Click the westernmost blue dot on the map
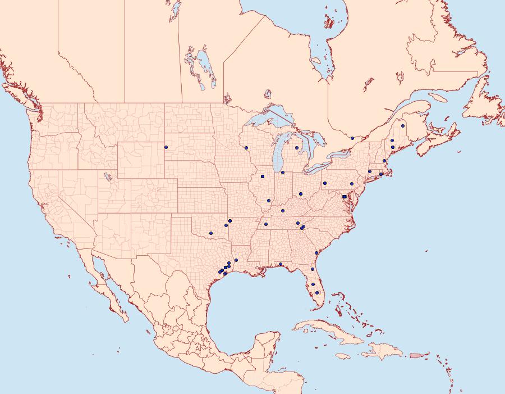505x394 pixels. (166, 147)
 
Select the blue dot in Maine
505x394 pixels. (403, 126)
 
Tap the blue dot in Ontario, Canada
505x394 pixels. (352, 138)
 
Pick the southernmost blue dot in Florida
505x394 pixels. (317, 292)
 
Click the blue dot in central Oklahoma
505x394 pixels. (211, 233)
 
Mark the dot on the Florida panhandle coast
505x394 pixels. (280, 264)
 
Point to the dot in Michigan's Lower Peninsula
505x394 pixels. (296, 148)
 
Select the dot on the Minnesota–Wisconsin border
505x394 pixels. (246, 148)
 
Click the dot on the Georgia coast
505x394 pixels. (316, 253)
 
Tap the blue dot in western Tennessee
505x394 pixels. (265, 224)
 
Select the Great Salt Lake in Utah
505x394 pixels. (107, 177)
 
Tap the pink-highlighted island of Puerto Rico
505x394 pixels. (415, 355)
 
